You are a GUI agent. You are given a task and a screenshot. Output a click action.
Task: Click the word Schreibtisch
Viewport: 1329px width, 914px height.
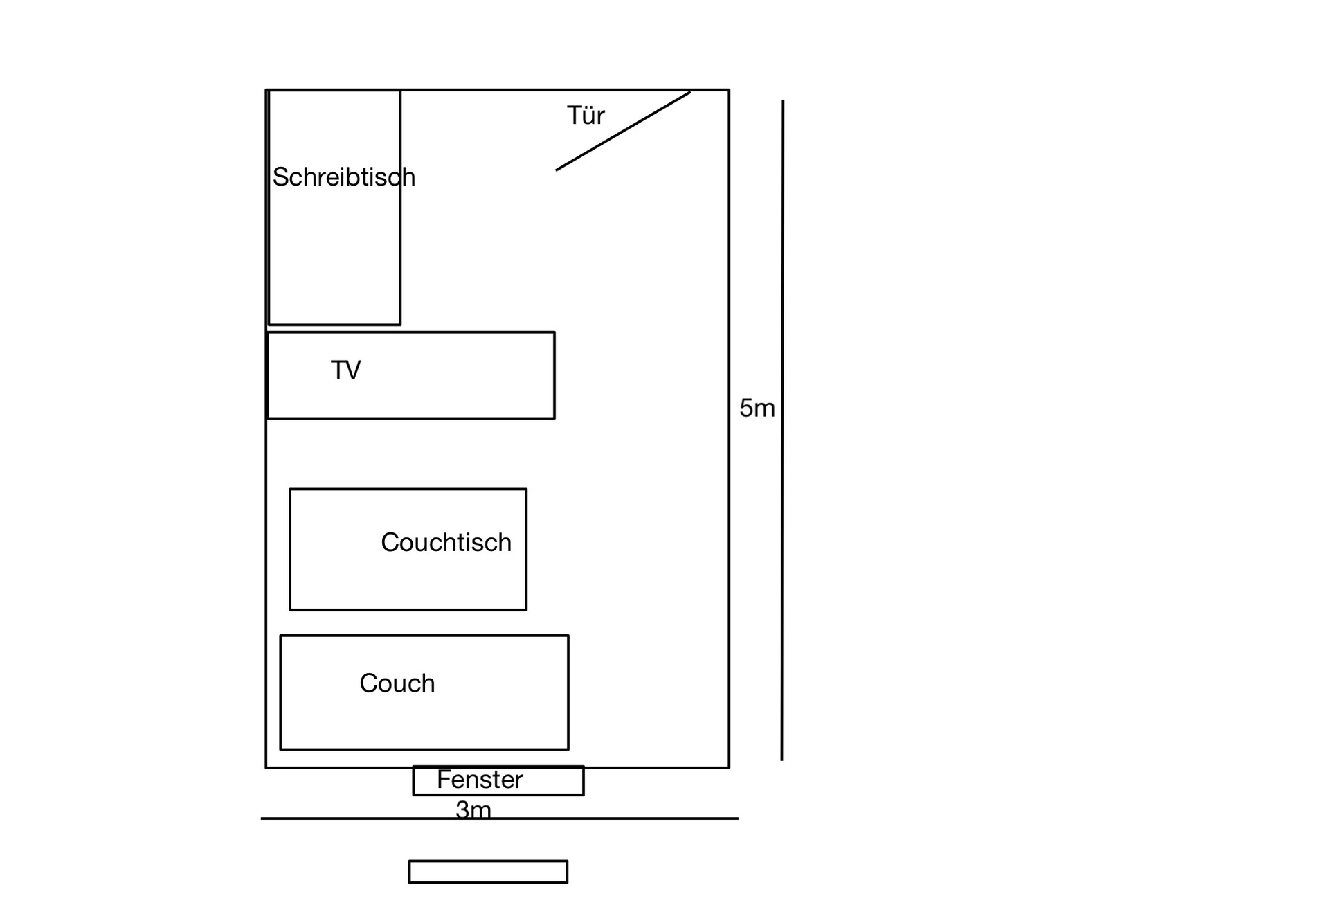coord(344,177)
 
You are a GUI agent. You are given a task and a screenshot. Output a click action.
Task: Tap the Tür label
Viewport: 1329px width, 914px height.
coord(586,115)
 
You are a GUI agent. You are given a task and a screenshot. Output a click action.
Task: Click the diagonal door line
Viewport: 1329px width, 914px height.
coord(623,131)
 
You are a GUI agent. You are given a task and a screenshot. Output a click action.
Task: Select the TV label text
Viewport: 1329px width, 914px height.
coord(345,370)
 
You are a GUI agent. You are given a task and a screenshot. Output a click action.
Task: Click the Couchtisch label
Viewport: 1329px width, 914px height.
coord(446,542)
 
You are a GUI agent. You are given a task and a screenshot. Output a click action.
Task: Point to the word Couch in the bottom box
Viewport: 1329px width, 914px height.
coord(397,683)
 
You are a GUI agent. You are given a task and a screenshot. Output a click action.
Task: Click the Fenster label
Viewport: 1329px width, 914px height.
coord(480,780)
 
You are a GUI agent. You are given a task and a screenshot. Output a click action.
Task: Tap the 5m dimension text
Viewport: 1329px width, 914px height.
coord(757,408)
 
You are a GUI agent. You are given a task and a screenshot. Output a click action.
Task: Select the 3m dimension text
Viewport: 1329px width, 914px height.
coord(473,809)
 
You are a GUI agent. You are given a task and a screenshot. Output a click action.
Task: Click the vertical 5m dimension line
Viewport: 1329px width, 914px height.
coord(783,430)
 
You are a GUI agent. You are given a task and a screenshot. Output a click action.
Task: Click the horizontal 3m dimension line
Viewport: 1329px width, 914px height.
coord(499,818)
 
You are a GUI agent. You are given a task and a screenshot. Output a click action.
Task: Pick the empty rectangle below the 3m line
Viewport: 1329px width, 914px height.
coord(488,872)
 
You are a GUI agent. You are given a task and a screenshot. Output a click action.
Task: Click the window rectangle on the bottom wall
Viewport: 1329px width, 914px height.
coord(498,780)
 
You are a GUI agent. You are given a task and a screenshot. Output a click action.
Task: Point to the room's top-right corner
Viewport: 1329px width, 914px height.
coord(729,90)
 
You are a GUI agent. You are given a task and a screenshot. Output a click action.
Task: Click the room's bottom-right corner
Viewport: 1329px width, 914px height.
coord(729,767)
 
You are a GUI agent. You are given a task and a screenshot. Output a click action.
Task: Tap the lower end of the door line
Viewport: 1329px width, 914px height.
coord(557,170)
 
